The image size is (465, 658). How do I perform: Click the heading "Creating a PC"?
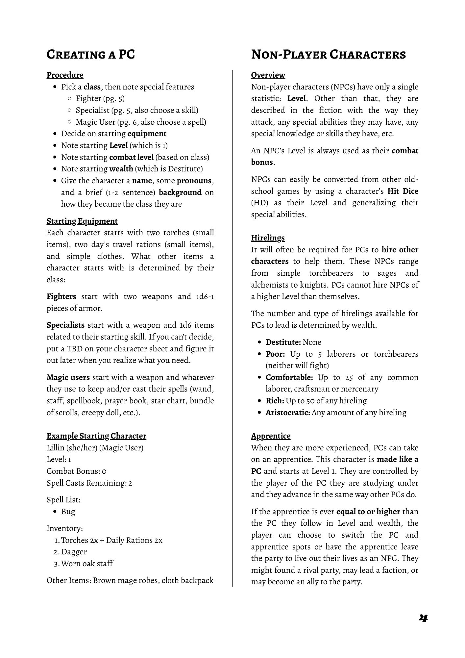pos(91,55)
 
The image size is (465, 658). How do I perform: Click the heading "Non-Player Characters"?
pos(328,55)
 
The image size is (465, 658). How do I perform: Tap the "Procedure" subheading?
pos(65,75)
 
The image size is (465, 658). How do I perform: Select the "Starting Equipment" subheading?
pos(82,221)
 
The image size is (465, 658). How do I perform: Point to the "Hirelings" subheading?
pos(268,238)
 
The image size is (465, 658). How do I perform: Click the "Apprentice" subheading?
pos(271,436)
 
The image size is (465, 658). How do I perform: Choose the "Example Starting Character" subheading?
pos(96,436)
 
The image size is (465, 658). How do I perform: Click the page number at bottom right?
pos(423,618)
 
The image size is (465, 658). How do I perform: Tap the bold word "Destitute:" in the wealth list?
pos(283,342)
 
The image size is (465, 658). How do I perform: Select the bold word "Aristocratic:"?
pos(288,413)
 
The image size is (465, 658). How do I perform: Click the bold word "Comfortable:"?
pos(289,377)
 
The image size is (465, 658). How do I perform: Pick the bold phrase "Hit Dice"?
pos(403,191)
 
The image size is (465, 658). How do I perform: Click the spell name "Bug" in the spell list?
pos(68,512)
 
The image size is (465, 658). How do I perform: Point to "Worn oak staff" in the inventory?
pos(87,564)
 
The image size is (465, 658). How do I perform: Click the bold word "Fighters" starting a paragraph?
pos(61,296)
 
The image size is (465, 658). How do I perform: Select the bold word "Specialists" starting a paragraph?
pos(65,325)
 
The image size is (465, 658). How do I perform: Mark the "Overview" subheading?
pos(268,75)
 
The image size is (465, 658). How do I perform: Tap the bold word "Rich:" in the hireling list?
pos(275,401)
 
